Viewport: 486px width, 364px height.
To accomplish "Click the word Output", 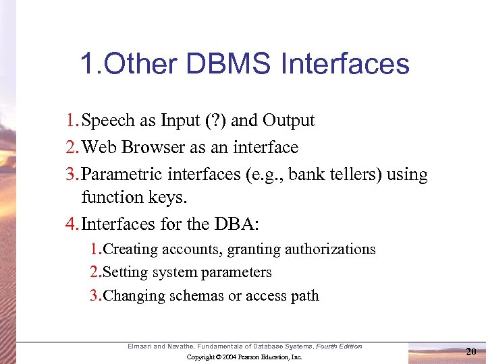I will point(289,121).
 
